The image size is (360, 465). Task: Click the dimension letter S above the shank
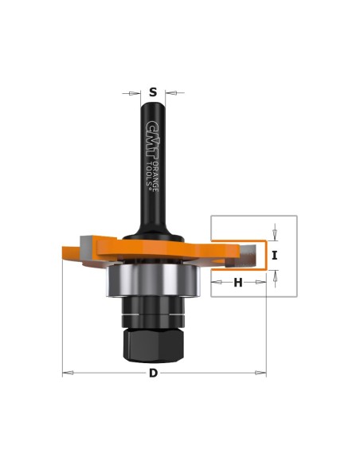coord(153,92)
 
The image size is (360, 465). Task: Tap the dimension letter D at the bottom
coord(153,373)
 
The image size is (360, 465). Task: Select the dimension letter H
coord(238,283)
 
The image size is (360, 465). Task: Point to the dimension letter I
coord(275,255)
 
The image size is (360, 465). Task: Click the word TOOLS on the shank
coord(151,174)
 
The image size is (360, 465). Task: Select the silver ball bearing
coord(153,280)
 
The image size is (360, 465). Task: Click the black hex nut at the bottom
coord(153,346)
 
